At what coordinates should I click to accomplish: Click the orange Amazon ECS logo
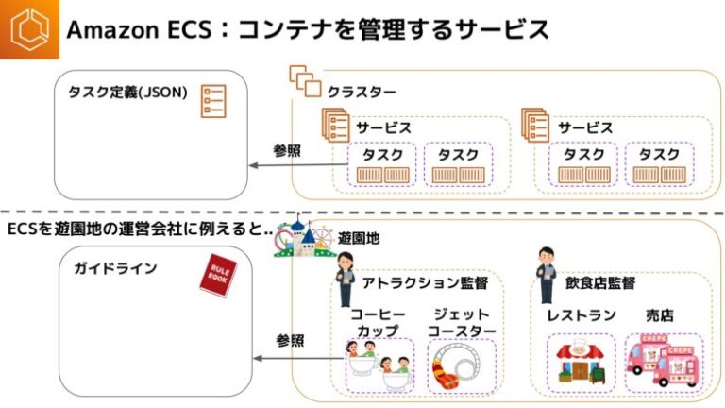[29, 29]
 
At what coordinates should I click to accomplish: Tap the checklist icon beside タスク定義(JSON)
[213, 101]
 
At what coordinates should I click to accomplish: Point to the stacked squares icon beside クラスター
[305, 81]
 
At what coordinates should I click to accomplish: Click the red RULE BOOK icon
[218, 275]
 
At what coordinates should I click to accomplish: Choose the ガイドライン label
[115, 269]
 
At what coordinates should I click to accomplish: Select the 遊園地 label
[359, 239]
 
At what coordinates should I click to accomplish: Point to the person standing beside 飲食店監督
[546, 275]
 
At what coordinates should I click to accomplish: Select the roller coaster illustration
[461, 365]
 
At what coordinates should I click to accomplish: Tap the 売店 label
[660, 314]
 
